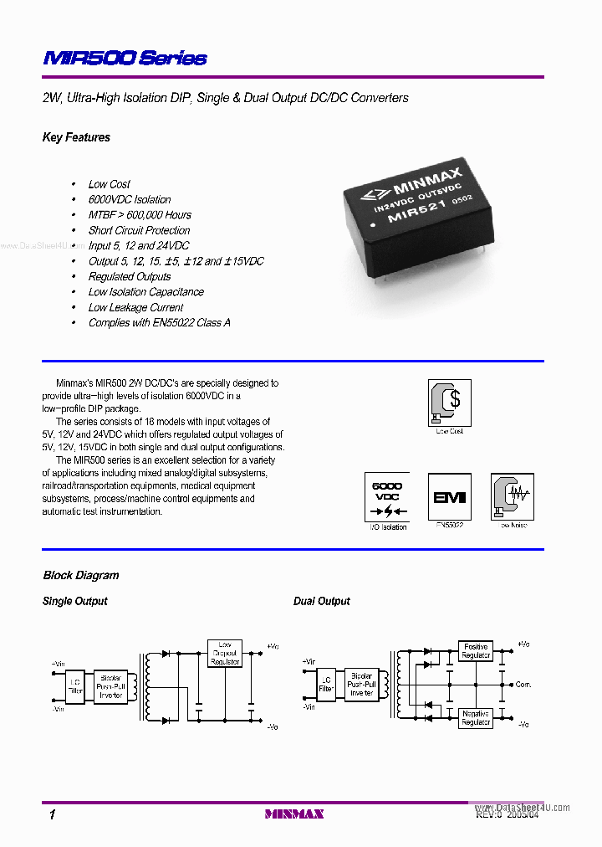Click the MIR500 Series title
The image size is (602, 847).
pos(125,58)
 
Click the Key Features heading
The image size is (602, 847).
pos(76,137)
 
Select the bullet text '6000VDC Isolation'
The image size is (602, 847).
pos(130,199)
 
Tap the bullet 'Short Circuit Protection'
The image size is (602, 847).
pos(139,230)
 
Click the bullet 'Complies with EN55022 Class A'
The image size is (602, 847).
pos(159,322)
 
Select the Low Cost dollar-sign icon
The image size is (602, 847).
pos(449,402)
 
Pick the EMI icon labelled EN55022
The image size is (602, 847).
pos(449,496)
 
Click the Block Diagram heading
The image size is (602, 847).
pos(81,575)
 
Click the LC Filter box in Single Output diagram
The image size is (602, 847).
pos(75,685)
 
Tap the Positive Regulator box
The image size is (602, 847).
pos(476,651)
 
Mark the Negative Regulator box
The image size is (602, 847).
pos(476,718)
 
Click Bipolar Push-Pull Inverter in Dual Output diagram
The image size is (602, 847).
pos(362,685)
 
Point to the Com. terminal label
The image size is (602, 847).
pos(523,685)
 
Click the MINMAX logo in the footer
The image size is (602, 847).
pos(293,814)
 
